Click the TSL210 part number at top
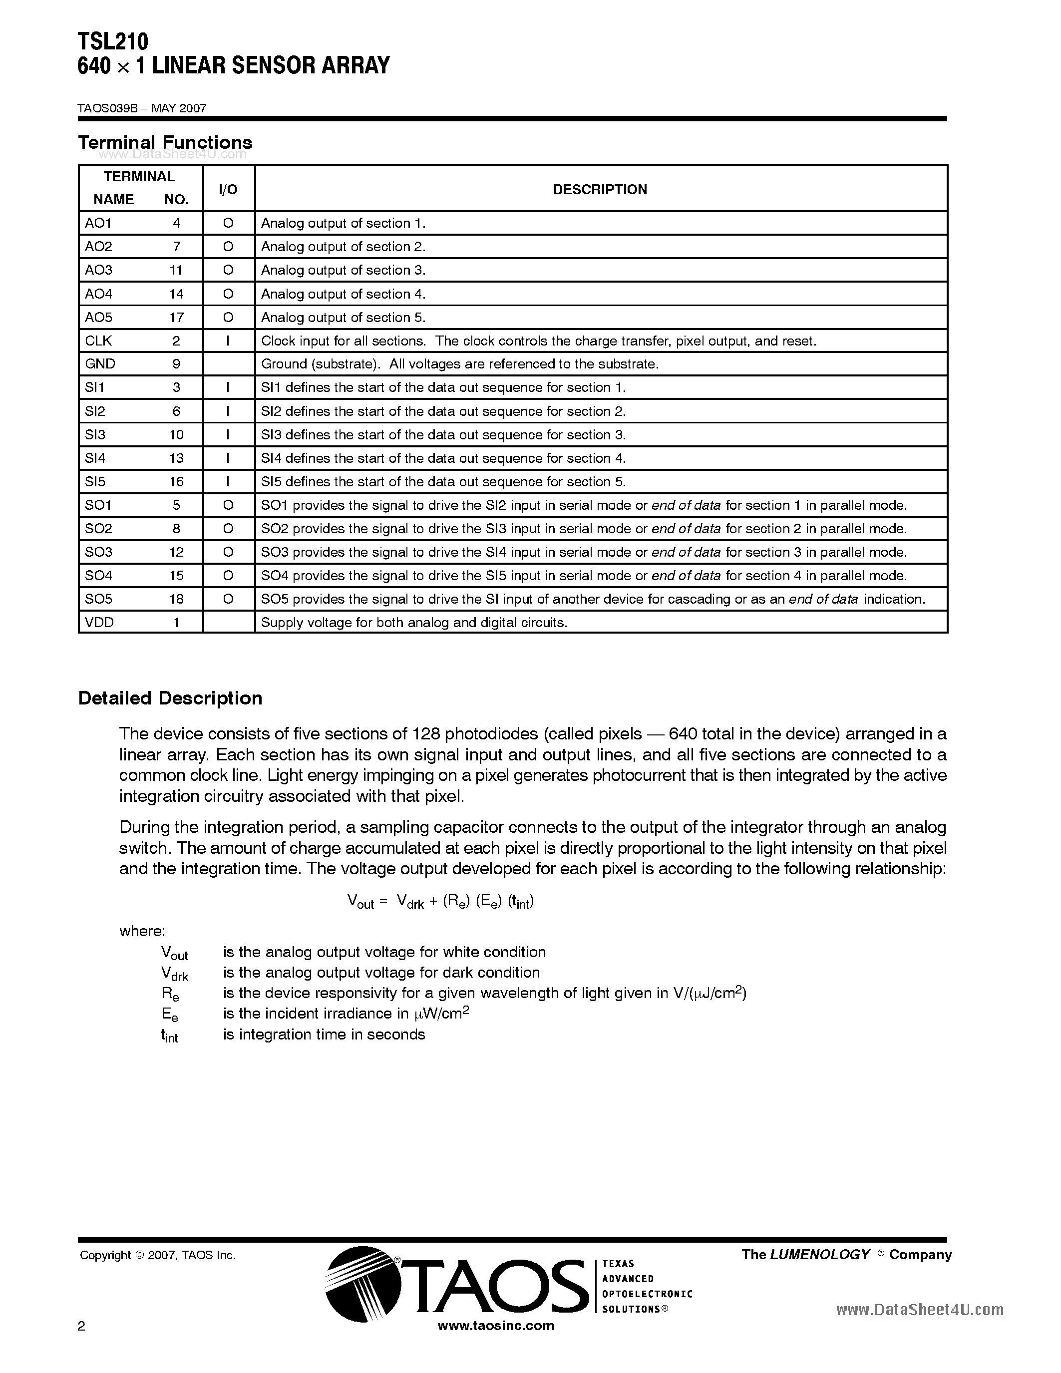click(x=113, y=41)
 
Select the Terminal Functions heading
click(x=165, y=143)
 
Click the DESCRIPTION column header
click(x=600, y=189)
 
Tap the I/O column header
click(x=228, y=189)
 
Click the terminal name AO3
click(x=99, y=270)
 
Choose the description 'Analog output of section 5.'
click(x=343, y=318)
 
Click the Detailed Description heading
click(x=170, y=698)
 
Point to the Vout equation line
click(x=440, y=902)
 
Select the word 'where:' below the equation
click(x=142, y=931)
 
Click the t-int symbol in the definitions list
click(x=169, y=1035)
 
